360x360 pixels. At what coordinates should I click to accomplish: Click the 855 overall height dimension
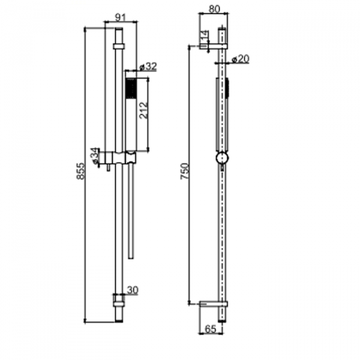coord(80,171)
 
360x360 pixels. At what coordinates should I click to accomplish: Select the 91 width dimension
coord(121,17)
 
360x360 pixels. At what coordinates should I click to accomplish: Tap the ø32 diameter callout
coord(148,67)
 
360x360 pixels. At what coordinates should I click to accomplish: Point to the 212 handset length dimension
coord(143,110)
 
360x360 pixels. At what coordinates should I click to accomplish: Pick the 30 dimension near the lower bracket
coord(133,290)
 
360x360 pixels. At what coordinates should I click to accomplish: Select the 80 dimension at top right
coord(214,9)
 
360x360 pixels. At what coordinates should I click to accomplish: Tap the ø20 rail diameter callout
coord(241,59)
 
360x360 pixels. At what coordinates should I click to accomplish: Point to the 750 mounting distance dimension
coord(184,171)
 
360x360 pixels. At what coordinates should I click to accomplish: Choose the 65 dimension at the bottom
coord(211,329)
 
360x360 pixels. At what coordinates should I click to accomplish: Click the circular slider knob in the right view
coord(222,158)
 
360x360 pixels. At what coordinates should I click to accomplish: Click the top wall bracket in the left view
coord(119,46)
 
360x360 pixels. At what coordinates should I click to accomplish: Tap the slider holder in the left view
coord(121,158)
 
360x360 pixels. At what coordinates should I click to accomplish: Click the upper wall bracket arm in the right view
coord(213,46)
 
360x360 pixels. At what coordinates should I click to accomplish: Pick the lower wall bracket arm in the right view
coord(213,304)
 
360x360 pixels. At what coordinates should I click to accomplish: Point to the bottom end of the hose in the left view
coord(131,258)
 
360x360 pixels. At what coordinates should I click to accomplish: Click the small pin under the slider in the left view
coord(108,167)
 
